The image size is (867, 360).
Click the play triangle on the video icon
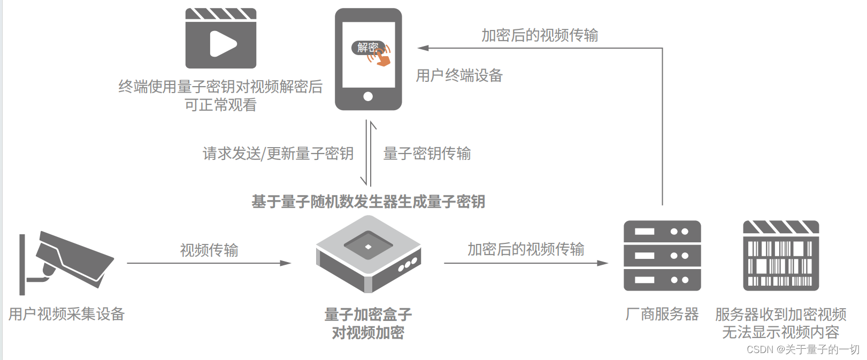(222, 44)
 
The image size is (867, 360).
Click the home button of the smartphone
(368, 97)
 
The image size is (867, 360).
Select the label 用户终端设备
(459, 75)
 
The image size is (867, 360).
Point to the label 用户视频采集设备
(66, 314)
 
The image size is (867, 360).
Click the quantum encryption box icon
(369, 254)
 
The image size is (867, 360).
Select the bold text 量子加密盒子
(368, 315)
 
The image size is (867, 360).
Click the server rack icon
(662, 256)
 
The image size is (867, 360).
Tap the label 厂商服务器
(662, 314)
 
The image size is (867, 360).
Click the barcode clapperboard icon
(781, 256)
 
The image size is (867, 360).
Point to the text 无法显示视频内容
(780, 332)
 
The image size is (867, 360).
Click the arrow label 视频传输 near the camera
(209, 250)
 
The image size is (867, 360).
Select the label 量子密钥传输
(427, 154)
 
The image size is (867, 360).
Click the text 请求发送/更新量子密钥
(278, 154)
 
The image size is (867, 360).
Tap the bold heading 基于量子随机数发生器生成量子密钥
(368, 202)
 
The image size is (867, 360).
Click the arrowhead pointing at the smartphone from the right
(423, 48)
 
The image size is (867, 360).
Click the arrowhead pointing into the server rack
(603, 263)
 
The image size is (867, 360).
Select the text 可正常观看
(220, 105)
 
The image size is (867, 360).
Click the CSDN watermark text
(802, 349)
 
